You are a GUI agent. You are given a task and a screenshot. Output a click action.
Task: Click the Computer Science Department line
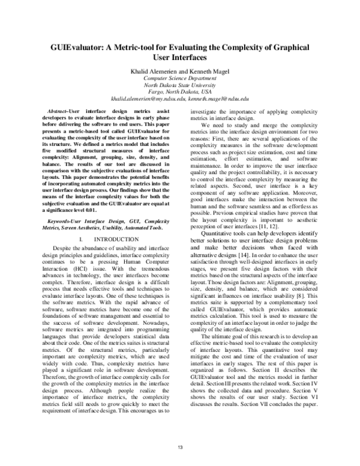180,78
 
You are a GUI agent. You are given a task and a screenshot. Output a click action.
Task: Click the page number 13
180,447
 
